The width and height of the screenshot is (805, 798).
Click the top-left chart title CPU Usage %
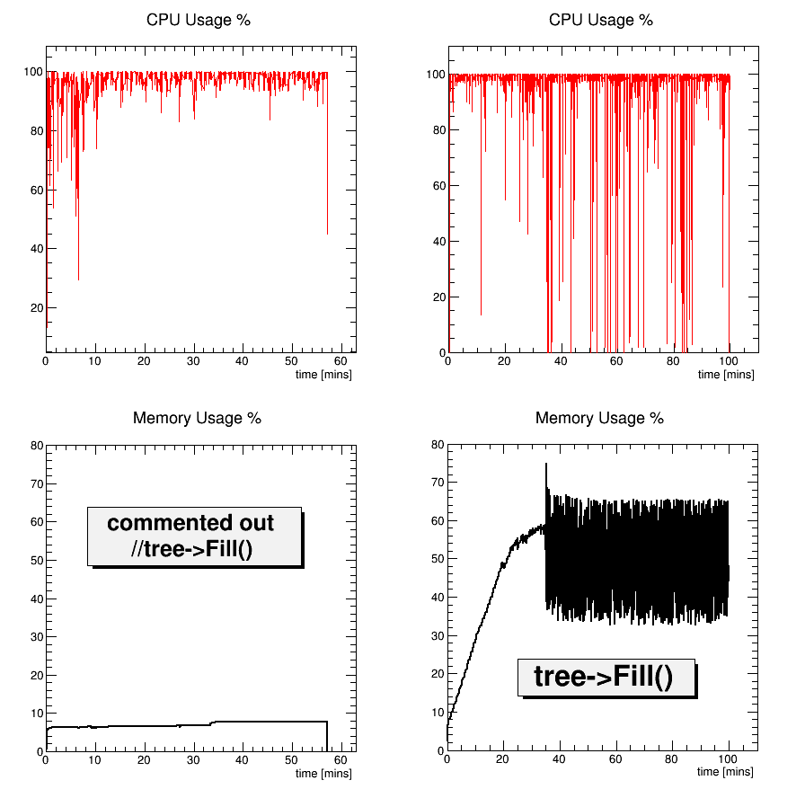click(198, 21)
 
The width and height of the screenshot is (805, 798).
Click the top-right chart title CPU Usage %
click(600, 21)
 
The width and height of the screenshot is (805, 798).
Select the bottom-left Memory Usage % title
click(197, 418)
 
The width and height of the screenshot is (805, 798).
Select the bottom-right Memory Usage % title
click(599, 418)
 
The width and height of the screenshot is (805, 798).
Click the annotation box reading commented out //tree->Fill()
click(193, 536)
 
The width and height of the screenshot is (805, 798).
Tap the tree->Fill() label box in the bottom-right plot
click(606, 677)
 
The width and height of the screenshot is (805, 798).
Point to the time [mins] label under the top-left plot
click(323, 375)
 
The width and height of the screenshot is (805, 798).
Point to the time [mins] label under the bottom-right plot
click(726, 771)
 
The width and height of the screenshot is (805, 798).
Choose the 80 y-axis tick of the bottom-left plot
click(37, 445)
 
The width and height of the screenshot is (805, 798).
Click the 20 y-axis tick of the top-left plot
click(37, 308)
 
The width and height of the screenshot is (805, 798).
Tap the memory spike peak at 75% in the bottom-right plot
click(546, 465)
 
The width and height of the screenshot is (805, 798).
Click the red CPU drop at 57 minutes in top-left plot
click(327, 232)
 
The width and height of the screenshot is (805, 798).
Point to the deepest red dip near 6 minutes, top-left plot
click(78, 279)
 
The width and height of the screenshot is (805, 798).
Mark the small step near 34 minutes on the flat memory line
click(211, 723)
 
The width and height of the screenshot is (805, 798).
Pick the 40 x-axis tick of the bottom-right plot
click(560, 758)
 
